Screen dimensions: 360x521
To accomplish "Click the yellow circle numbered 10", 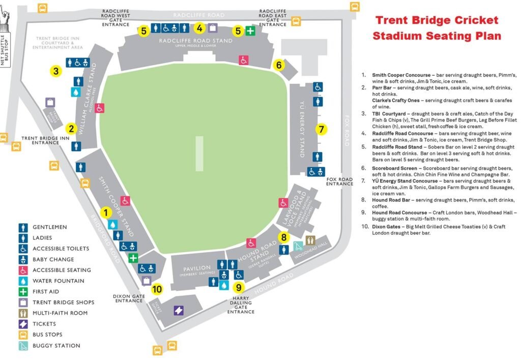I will pos(157,289).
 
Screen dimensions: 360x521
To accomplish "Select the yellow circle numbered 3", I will pos(56,71).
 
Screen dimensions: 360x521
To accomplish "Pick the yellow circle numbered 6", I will pos(278,65).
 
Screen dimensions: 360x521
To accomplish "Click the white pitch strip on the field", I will pos(199,153).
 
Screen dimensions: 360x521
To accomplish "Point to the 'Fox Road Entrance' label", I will pos(339,182).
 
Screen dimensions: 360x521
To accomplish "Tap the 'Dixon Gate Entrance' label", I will pos(129,297).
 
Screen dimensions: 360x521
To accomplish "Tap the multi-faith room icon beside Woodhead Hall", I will pos(311,240).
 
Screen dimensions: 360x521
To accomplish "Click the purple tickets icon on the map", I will pos(179,310).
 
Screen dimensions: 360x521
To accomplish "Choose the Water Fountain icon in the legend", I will pos(23,281).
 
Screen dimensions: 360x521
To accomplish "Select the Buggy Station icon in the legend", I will pos(23,346).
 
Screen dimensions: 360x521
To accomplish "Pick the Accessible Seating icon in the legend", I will pos(23,270).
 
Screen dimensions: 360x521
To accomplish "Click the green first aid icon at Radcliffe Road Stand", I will pos(250,31).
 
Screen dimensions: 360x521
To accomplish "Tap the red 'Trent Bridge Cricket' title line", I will pos(437,21).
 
